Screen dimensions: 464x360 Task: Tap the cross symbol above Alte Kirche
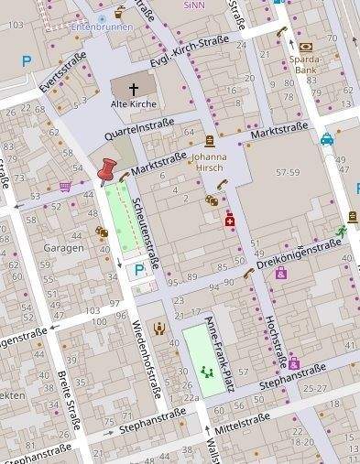click(133, 89)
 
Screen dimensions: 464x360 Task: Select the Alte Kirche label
click(133, 104)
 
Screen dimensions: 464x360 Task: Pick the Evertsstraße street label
click(63, 71)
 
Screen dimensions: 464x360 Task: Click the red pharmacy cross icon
click(230, 221)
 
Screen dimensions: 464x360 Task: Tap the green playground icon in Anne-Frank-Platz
click(206, 372)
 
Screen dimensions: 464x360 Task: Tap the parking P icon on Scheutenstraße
click(139, 269)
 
